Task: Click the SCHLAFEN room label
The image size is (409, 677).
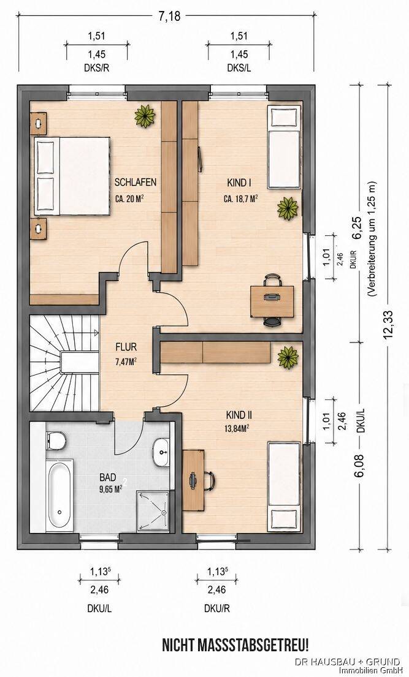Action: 136,182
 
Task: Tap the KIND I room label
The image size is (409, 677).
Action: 239,183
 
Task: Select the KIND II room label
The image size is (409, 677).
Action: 239,415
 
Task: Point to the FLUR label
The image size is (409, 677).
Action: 126,347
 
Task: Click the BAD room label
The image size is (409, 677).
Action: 108,477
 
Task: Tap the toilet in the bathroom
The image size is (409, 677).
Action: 56,441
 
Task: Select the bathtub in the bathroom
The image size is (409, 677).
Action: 59,495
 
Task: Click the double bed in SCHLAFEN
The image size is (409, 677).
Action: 72,176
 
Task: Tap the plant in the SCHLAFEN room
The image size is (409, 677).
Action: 145,115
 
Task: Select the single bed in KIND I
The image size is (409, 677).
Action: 284,147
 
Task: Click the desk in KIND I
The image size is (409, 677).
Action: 272,301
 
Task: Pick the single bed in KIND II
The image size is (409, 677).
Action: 284,486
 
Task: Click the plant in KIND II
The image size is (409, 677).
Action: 288,358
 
